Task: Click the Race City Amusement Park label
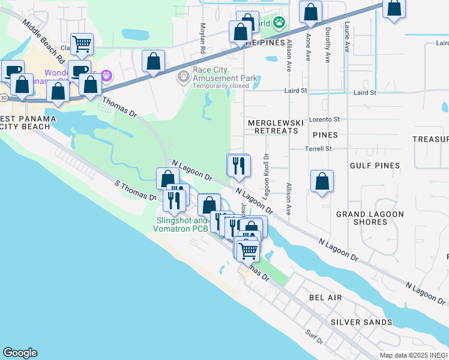pos(224,78)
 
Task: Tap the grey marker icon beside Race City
pos(183,77)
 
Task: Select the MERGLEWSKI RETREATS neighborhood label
pos(276,126)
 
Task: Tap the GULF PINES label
pos(376,165)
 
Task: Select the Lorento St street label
pos(324,119)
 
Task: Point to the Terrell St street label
pos(318,148)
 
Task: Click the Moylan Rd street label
pos(203,38)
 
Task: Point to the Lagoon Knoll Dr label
pos(266,172)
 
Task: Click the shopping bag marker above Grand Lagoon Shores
pos(322,181)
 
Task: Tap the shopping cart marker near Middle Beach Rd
pos(81,44)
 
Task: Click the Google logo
pos(20,353)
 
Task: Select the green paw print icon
pos(279,23)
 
